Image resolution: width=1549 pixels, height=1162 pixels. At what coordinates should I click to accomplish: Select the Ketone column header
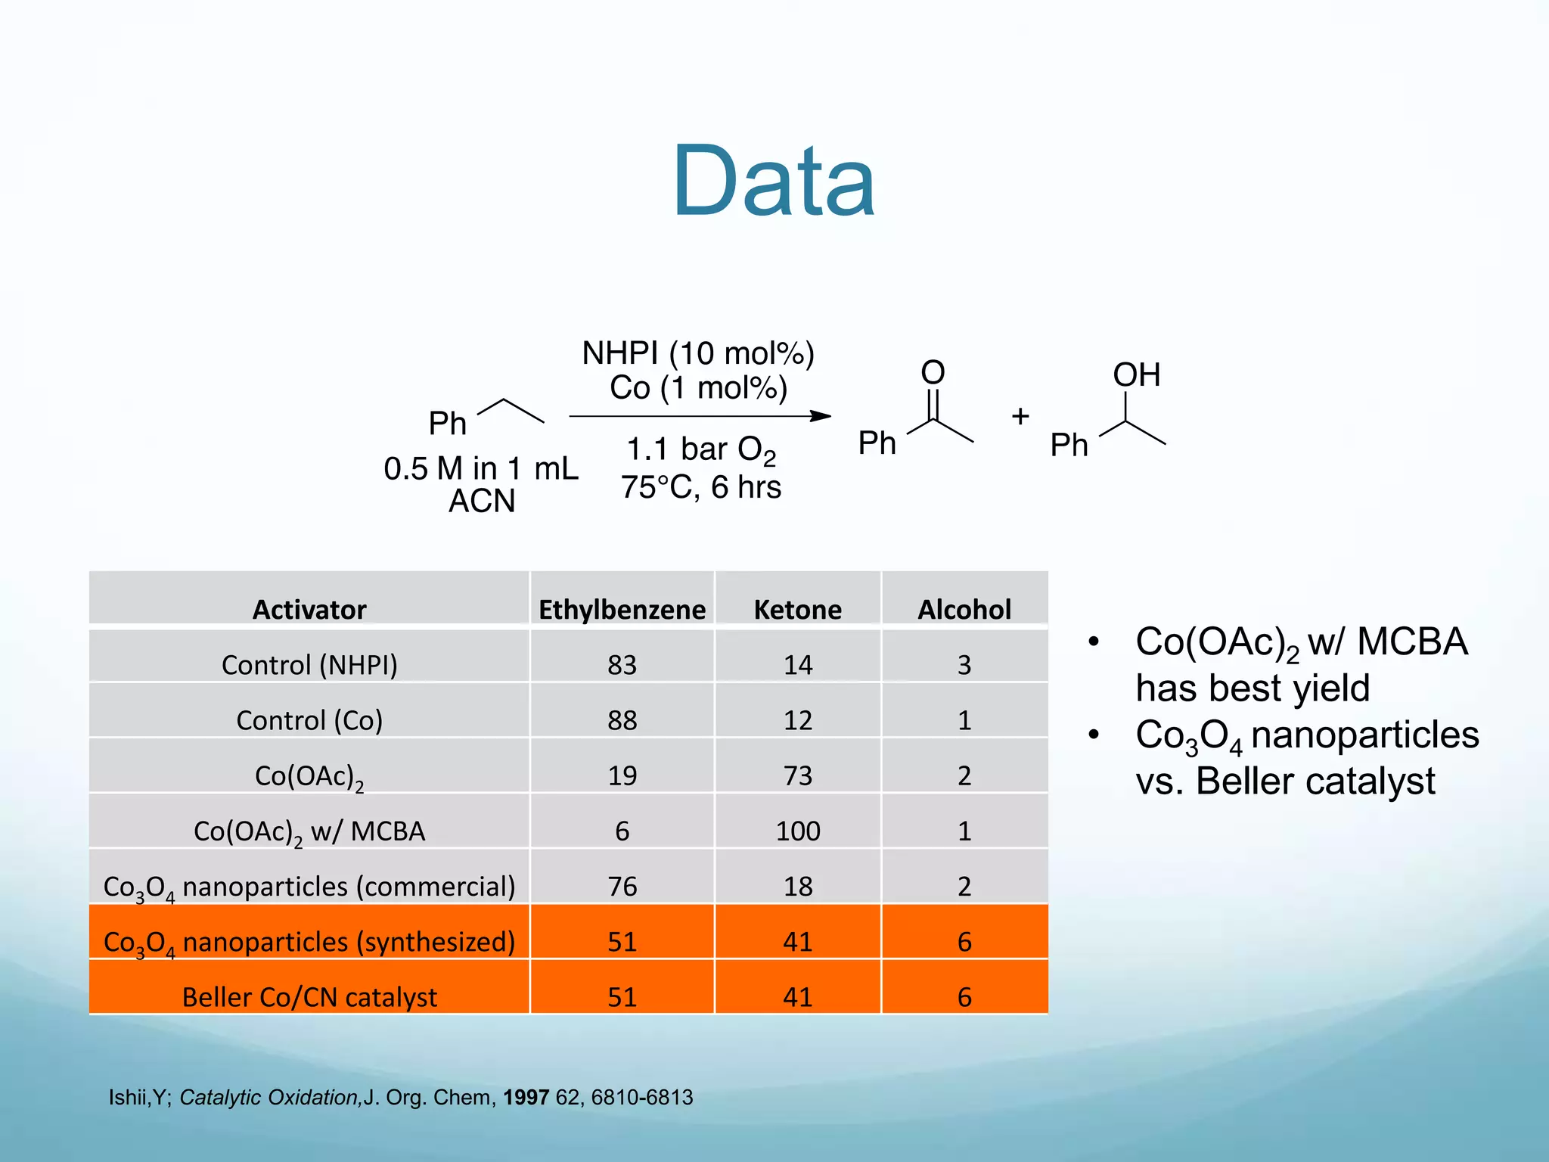(x=797, y=609)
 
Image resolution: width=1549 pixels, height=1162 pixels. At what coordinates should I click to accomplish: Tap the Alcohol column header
(x=964, y=609)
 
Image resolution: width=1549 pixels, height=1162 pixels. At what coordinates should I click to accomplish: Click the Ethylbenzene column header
(x=622, y=609)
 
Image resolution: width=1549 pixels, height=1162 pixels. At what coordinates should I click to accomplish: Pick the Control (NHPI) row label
(x=309, y=664)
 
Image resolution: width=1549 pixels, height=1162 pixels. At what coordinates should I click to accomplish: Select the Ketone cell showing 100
(x=797, y=831)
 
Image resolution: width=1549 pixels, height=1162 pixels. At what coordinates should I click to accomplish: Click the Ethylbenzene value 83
(x=622, y=664)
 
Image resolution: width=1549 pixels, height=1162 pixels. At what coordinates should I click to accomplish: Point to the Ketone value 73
(x=797, y=775)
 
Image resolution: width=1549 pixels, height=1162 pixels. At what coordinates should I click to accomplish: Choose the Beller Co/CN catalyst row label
(x=309, y=997)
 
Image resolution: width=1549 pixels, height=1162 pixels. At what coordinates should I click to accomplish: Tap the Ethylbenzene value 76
(x=622, y=886)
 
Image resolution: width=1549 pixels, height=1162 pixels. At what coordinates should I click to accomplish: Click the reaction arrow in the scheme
(x=700, y=415)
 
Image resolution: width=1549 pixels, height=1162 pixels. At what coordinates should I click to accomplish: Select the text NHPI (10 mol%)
(x=697, y=353)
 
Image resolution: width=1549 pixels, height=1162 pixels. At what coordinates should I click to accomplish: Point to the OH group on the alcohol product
(x=1136, y=374)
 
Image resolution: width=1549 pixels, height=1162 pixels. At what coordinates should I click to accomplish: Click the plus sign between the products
(x=1020, y=416)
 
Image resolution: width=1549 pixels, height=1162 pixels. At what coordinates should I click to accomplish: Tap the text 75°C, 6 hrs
(x=700, y=486)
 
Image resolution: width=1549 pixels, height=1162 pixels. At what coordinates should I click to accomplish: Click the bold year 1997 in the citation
(x=526, y=1097)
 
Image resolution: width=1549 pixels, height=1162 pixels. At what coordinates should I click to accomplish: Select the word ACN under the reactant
(x=482, y=501)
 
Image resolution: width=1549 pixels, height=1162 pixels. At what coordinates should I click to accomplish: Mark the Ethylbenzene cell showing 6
(x=622, y=831)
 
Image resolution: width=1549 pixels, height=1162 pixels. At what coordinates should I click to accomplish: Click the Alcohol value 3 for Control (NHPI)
(x=964, y=664)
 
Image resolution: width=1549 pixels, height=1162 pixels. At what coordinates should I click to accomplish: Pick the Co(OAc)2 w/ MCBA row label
(x=309, y=831)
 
